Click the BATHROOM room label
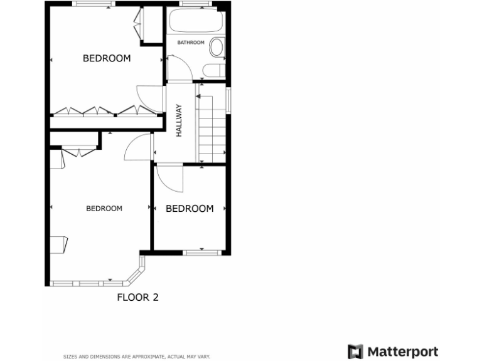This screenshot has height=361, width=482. coord(191,43)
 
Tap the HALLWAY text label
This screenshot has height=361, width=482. coord(179,120)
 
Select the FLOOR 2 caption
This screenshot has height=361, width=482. coord(138,297)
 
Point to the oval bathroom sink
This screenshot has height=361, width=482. coord(217,47)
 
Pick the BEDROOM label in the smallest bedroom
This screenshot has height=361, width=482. coord(190,209)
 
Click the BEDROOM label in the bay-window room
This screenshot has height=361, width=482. coord(104,209)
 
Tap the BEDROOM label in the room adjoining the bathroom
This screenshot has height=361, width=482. coord(107,58)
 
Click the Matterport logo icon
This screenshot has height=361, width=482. coord(355,352)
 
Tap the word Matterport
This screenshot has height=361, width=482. coord(402,352)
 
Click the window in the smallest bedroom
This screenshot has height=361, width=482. coord(203,252)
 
